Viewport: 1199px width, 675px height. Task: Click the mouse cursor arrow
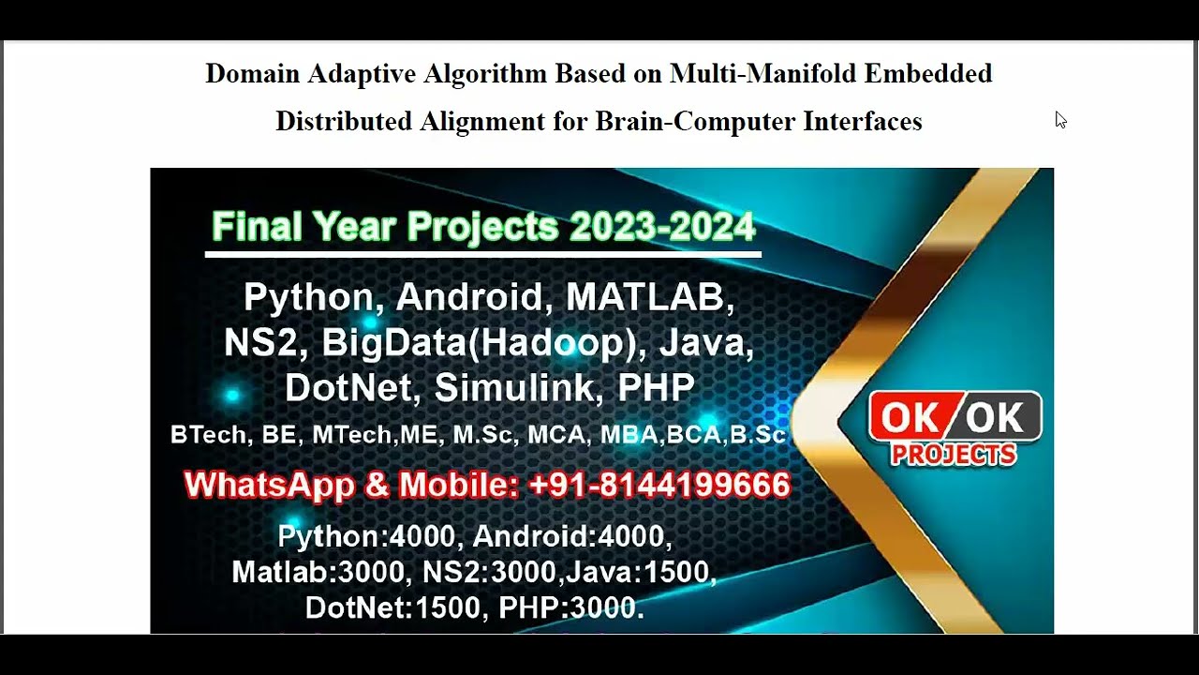[x=1059, y=119]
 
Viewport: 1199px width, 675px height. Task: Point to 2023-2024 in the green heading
[x=661, y=227]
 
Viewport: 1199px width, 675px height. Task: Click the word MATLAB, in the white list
[x=650, y=297]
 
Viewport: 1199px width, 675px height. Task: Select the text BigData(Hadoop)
[x=485, y=343]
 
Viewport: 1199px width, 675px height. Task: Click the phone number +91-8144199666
[x=659, y=486]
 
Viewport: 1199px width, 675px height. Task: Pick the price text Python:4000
[x=366, y=537]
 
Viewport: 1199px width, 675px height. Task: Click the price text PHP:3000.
[x=570, y=608]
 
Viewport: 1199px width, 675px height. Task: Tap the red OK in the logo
[x=910, y=418]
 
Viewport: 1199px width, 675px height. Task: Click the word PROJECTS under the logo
[x=954, y=456]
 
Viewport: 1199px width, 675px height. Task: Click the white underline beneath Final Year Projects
[x=482, y=253]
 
